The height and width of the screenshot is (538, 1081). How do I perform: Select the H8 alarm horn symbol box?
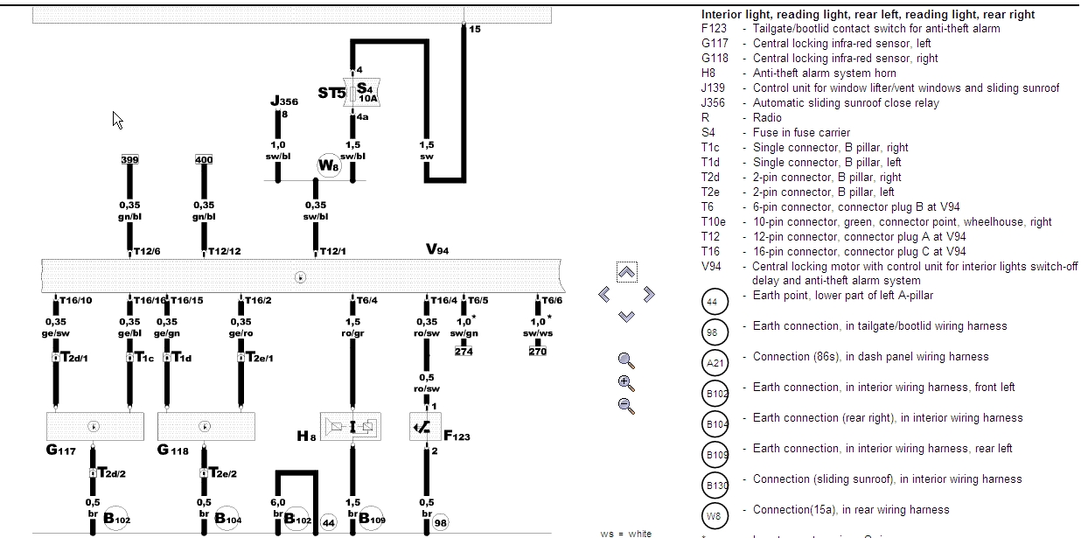point(352,427)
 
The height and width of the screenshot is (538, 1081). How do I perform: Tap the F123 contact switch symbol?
point(426,427)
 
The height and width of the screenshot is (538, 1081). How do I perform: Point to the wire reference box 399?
point(129,160)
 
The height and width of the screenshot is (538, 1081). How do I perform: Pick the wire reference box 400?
point(204,160)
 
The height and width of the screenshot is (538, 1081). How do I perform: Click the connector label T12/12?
point(224,251)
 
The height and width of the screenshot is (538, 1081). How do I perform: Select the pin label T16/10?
point(75,301)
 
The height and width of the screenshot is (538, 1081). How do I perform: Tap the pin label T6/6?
point(551,301)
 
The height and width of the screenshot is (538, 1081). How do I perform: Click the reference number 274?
point(463,352)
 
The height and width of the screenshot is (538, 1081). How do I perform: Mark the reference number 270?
point(537,352)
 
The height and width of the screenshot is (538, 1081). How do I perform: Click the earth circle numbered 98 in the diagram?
point(441,522)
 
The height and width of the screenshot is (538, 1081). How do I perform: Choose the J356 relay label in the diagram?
point(284,102)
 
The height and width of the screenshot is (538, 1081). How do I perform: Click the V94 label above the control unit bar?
point(437,249)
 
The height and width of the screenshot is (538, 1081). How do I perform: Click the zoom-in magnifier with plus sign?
point(625,382)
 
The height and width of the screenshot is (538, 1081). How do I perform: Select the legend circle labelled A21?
point(715,362)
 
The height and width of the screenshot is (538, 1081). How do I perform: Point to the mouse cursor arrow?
point(117,120)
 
